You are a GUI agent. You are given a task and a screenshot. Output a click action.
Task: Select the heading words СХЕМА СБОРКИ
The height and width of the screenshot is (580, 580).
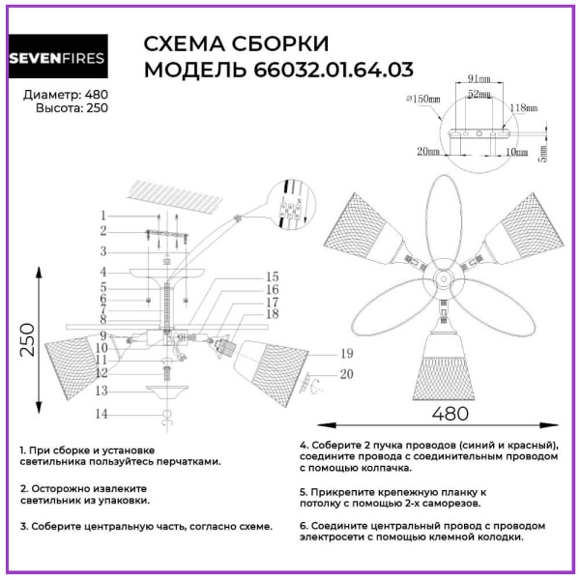click(236, 44)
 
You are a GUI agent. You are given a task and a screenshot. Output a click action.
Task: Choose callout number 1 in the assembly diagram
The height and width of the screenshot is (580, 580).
click(101, 215)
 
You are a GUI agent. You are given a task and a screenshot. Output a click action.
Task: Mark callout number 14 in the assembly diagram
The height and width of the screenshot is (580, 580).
click(101, 414)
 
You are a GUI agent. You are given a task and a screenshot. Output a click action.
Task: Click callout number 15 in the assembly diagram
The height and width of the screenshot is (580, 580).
click(273, 276)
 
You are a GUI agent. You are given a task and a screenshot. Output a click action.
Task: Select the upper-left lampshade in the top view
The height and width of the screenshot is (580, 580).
click(363, 229)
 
